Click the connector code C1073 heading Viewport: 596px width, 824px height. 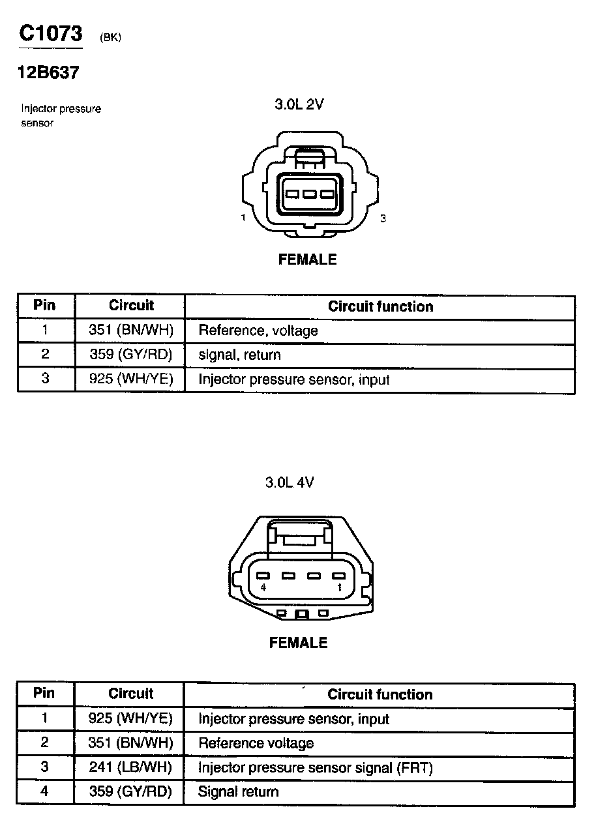[x=50, y=34]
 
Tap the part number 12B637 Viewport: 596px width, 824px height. [x=48, y=73]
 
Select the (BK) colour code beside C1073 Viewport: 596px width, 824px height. [x=110, y=38]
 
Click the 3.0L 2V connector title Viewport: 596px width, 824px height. [x=299, y=104]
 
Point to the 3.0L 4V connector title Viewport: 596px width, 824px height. [x=290, y=482]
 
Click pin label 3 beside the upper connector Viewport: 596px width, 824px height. [x=383, y=218]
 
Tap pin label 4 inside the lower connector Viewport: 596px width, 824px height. [x=263, y=588]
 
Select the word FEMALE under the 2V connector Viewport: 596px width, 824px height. [x=307, y=259]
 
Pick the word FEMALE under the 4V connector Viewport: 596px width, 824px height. [x=298, y=643]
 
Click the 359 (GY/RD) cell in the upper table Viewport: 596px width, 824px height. [x=131, y=355]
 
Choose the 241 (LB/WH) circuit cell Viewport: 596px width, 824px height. [x=130, y=767]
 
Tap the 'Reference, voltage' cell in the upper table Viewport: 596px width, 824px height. [x=258, y=331]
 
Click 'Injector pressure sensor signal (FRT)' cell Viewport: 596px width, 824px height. [x=315, y=767]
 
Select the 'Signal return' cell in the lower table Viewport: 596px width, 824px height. [x=238, y=792]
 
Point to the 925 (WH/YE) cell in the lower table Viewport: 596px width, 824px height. [x=130, y=718]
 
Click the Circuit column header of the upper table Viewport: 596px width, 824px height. [x=131, y=305]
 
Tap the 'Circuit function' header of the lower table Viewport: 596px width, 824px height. [x=380, y=694]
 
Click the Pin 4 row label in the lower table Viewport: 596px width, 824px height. [x=44, y=791]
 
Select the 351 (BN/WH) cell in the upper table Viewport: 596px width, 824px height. [x=131, y=331]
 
